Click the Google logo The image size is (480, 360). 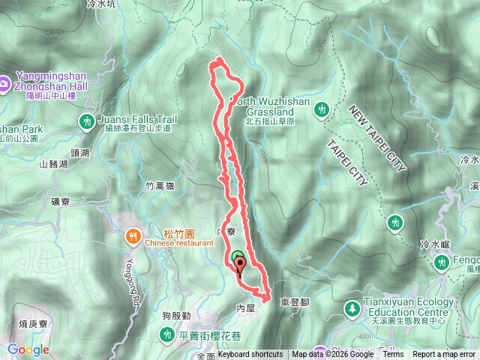click(28, 349)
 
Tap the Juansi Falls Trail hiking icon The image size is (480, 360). click(87, 120)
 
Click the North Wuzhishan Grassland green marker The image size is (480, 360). click(322, 109)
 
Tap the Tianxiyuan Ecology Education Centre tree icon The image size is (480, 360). click(351, 307)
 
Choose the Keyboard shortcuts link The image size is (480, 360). click(250, 355)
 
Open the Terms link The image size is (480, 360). click(393, 355)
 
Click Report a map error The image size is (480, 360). click(445, 355)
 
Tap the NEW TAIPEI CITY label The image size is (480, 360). click(376, 139)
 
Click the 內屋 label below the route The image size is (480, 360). click(246, 308)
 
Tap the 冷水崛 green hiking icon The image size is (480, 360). click(395, 223)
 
